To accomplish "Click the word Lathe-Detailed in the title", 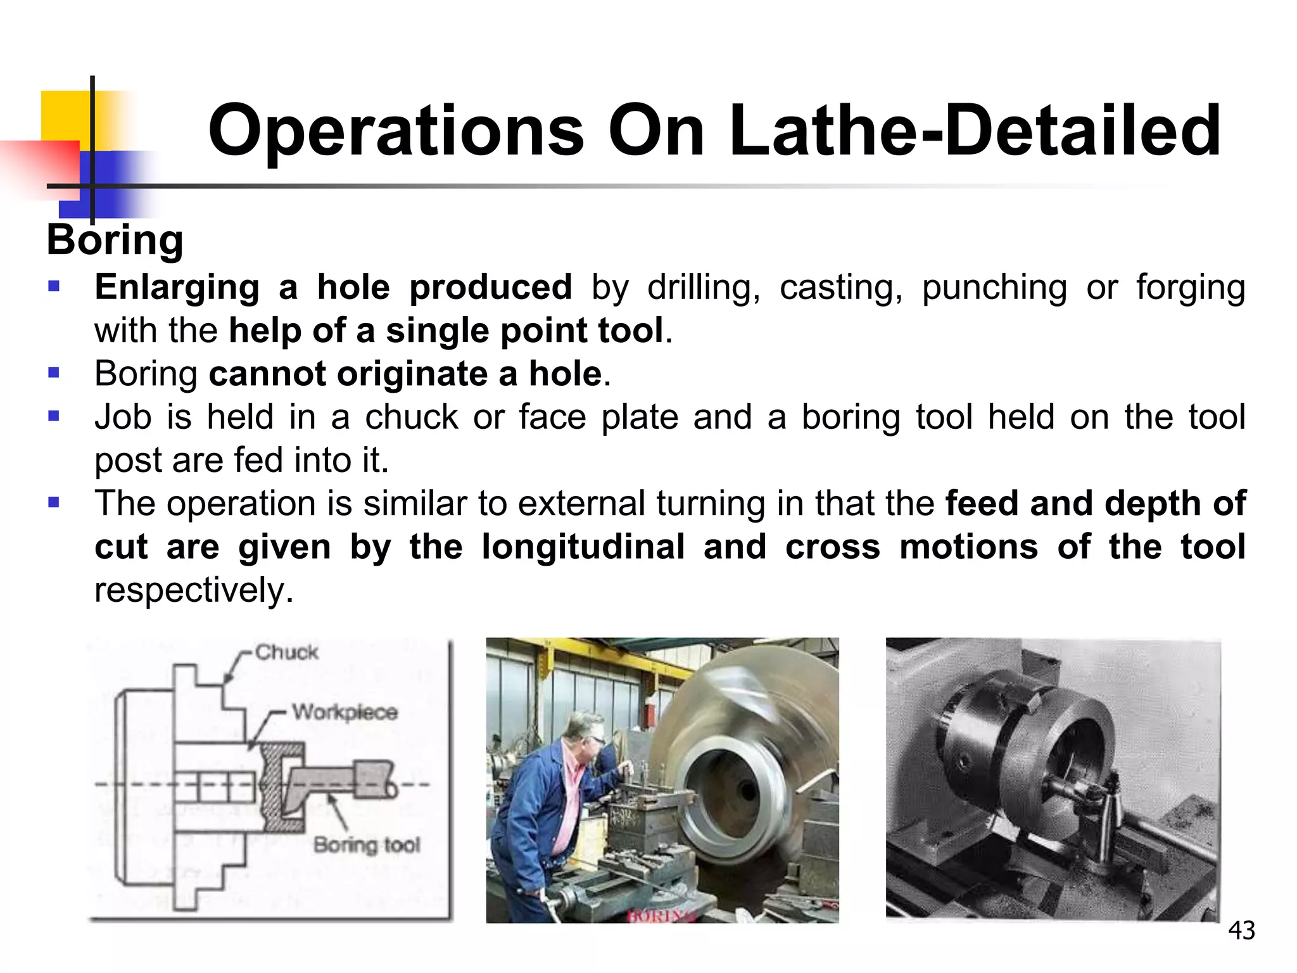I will [975, 131].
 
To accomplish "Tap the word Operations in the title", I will [396, 131].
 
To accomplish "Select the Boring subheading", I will [115, 241].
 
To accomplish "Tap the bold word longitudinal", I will [583, 546].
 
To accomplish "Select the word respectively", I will [194, 590].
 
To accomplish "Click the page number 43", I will [1241, 931].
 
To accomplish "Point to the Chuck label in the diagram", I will [286, 652].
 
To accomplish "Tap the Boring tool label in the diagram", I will [367, 844].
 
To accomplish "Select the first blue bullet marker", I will [54, 287].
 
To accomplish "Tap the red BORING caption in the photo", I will [661, 915].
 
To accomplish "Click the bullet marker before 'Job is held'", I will [54, 416].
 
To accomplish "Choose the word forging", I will [1191, 288].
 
